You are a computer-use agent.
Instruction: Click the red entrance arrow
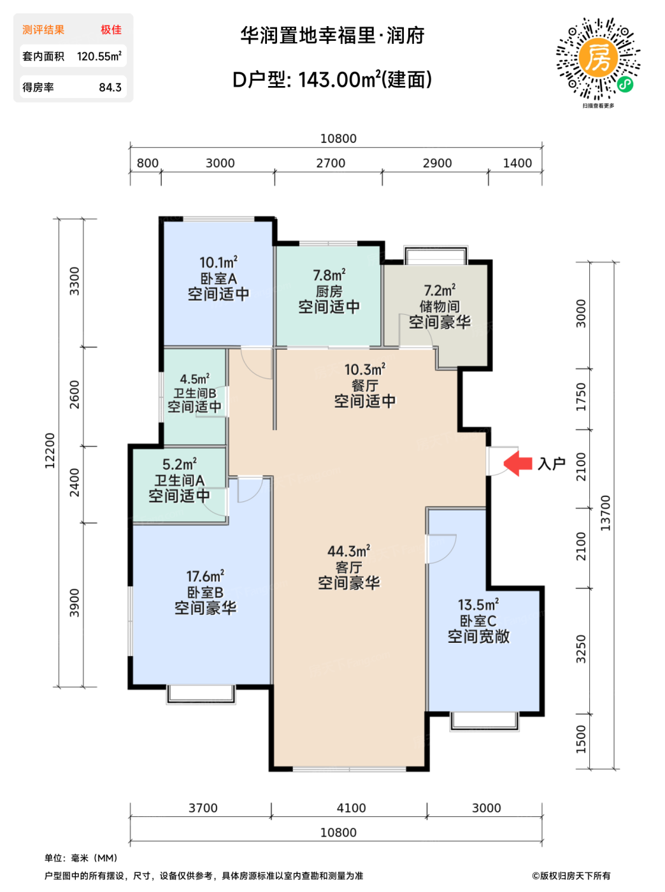tap(517, 463)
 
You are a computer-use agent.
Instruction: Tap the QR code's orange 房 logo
tap(598, 58)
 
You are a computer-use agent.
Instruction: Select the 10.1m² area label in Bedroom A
tap(218, 262)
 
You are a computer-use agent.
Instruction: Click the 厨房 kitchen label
tap(329, 291)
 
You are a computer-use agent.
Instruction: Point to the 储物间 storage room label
tap(440, 306)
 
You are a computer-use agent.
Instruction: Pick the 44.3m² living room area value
tap(348, 551)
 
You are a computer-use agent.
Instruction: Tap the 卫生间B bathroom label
tap(195, 393)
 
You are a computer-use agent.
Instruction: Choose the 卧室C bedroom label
tap(478, 621)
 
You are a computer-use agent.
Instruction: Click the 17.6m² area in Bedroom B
tap(205, 576)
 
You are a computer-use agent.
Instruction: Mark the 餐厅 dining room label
tap(365, 385)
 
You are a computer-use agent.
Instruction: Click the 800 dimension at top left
tap(148, 163)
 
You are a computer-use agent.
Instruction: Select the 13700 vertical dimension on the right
tap(606, 513)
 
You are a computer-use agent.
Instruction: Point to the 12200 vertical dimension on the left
tap(50, 451)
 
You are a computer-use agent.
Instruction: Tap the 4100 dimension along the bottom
tap(352, 808)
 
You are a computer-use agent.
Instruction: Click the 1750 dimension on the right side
tap(582, 397)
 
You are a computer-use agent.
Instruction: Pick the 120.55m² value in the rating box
tap(99, 56)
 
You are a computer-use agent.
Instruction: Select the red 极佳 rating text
tap(111, 30)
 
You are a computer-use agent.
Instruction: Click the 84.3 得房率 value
tap(110, 87)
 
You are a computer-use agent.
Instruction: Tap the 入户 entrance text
tap(551, 464)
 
